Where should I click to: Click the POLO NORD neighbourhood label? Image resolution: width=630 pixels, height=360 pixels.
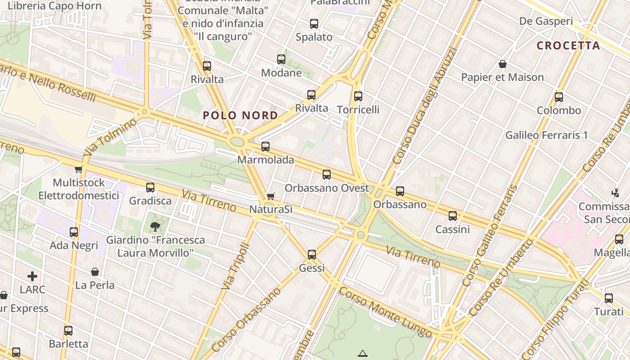point(240,116)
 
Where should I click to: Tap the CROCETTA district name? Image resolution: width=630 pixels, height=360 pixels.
point(568,45)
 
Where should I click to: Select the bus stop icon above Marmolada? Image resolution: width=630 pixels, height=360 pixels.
point(265,146)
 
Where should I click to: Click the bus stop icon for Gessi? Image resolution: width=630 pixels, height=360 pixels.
point(312,255)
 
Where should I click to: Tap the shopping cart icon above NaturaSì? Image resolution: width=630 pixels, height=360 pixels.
point(270,196)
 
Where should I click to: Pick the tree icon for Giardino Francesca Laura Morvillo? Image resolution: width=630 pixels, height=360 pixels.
point(155,226)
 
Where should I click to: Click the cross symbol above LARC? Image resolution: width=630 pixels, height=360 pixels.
point(32,276)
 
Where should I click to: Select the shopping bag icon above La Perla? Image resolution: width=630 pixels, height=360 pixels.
point(95,272)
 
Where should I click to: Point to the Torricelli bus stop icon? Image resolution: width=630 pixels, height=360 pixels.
point(358,96)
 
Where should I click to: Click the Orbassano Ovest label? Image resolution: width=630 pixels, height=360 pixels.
point(327,188)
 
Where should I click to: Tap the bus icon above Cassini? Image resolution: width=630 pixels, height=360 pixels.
point(453,216)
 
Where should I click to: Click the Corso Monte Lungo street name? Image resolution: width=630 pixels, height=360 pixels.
point(386,312)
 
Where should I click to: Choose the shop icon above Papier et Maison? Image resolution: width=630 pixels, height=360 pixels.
point(503,64)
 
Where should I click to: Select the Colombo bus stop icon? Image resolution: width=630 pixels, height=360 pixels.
point(559,97)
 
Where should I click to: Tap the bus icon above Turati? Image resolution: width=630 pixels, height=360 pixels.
point(609,298)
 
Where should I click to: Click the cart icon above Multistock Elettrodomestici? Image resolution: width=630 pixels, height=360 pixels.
point(79,169)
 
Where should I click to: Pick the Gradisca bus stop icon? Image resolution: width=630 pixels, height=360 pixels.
point(150,187)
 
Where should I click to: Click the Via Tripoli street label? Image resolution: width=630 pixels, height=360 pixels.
point(235,266)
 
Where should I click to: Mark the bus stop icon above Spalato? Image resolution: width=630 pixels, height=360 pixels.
point(314,24)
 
